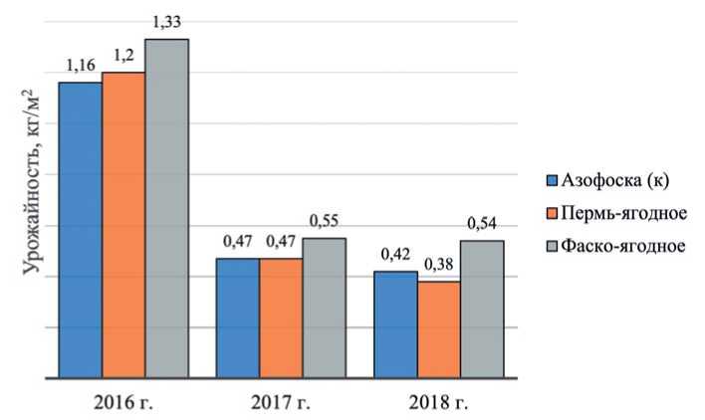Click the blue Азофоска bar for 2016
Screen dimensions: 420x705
(x=80, y=230)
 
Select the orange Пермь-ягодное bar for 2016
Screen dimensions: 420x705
(x=123, y=225)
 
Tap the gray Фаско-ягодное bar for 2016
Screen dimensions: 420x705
(x=166, y=208)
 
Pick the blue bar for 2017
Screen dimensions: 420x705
(x=237, y=317)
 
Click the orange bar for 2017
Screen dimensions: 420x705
(x=281, y=317)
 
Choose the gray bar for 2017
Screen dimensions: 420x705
(x=324, y=308)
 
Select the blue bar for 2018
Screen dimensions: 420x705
(x=395, y=323)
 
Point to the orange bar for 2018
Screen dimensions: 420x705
(x=438, y=329)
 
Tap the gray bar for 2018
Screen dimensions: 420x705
(x=482, y=309)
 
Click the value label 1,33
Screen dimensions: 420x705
(x=167, y=23)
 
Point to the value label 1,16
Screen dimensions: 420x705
(x=80, y=66)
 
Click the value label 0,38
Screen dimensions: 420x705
(x=438, y=266)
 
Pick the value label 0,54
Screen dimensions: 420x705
(x=482, y=225)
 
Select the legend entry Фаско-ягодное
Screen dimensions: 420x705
(x=623, y=245)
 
